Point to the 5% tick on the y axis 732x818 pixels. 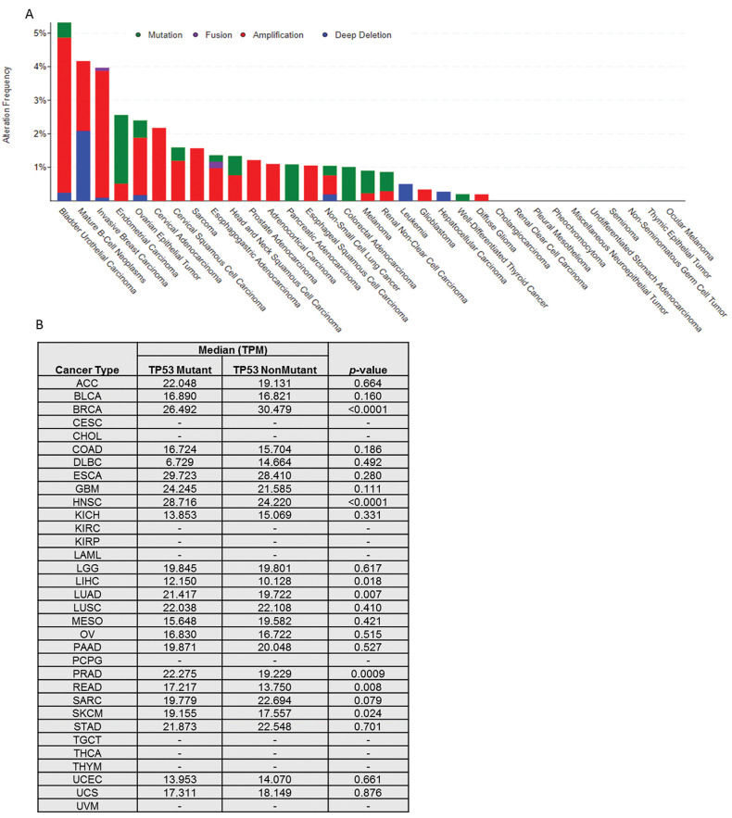40,33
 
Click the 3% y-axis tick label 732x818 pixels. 40,100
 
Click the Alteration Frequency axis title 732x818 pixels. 8,104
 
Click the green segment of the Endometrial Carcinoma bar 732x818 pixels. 120,149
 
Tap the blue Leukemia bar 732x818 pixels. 405,192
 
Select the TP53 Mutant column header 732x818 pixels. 179,370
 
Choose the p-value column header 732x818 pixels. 368,370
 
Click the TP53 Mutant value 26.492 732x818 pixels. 179,410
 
